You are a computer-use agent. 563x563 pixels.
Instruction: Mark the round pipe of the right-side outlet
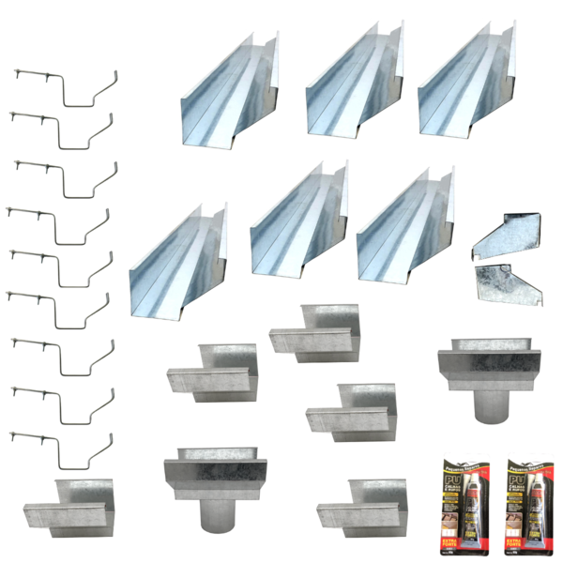click(x=488, y=403)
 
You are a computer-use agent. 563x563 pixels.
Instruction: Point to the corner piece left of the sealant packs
click(x=357, y=507)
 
